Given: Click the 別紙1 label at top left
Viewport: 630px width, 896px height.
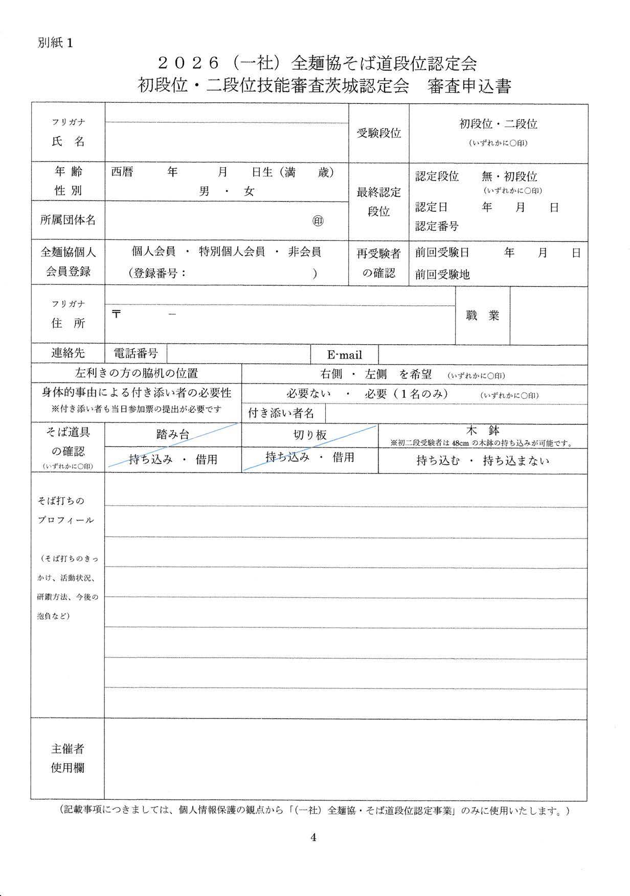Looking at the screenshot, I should point(55,43).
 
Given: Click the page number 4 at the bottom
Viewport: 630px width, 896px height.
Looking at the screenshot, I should point(313,837).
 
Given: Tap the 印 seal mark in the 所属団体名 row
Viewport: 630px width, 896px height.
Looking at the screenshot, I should point(318,221).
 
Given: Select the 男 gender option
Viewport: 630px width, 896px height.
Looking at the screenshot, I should point(204,192).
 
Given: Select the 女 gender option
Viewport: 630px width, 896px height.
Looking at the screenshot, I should point(249,192).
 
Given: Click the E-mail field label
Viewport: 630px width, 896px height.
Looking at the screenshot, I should point(344,355).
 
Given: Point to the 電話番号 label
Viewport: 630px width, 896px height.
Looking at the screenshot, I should point(136,353).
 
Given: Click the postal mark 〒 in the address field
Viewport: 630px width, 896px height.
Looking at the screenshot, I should point(117,314).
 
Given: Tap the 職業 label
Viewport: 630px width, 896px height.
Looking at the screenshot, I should point(482,316).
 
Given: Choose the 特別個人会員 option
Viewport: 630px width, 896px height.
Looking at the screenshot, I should point(232,252).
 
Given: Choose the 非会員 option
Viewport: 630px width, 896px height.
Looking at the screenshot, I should point(304,252).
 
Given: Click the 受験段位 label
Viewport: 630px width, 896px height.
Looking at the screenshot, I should point(378,133).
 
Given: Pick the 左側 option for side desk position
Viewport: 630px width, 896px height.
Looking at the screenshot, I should point(375,374).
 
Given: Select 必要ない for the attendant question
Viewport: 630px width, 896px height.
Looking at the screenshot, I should point(308,394).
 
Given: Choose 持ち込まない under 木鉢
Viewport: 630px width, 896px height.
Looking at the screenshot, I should point(516,461).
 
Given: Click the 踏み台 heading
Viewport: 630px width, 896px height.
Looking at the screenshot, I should point(172,435).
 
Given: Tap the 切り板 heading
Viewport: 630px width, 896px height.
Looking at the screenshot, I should point(310,435).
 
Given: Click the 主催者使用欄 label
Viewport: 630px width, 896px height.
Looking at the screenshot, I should point(67,758).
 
